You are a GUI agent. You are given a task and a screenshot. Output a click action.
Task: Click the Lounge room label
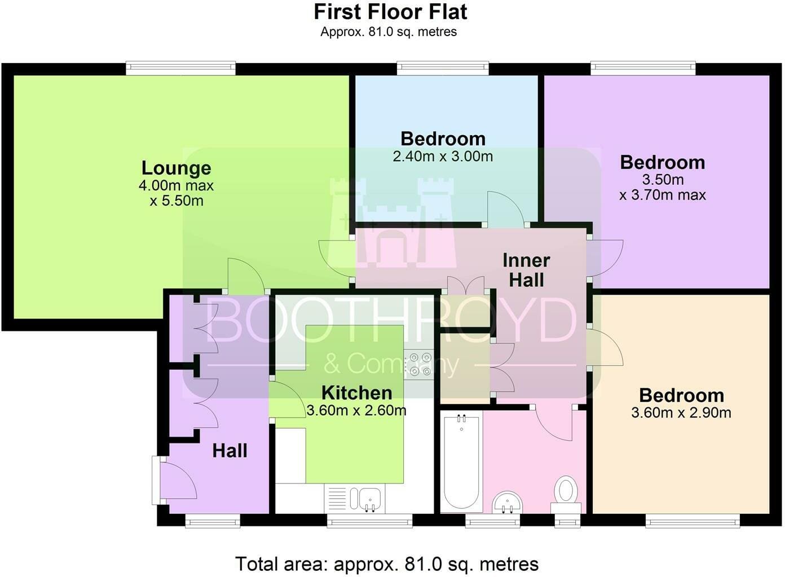pos(177,168)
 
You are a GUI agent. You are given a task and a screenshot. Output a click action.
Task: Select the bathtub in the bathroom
pos(461,462)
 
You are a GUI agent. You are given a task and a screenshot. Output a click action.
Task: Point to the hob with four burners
pos(419,365)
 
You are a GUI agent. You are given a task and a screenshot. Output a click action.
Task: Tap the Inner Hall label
pos(526,270)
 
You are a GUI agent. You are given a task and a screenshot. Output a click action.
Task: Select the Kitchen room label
pos(357,393)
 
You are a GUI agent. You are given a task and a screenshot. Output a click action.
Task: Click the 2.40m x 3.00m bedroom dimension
pos(443,157)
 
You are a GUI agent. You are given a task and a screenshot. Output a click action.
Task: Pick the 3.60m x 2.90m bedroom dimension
pos(681,413)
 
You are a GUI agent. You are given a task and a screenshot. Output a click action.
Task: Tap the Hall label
pos(230,451)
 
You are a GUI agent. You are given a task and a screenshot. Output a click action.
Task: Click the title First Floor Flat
pos(390,12)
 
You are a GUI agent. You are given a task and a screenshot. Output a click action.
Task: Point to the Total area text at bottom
pos(387,564)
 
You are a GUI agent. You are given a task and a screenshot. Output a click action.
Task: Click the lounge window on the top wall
pos(181,68)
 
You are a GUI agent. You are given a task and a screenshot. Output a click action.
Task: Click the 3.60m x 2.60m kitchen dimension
pos(356,410)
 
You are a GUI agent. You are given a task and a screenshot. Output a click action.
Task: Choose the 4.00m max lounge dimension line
pos(176,185)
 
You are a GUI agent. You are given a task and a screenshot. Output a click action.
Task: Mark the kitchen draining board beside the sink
pos(337,499)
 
